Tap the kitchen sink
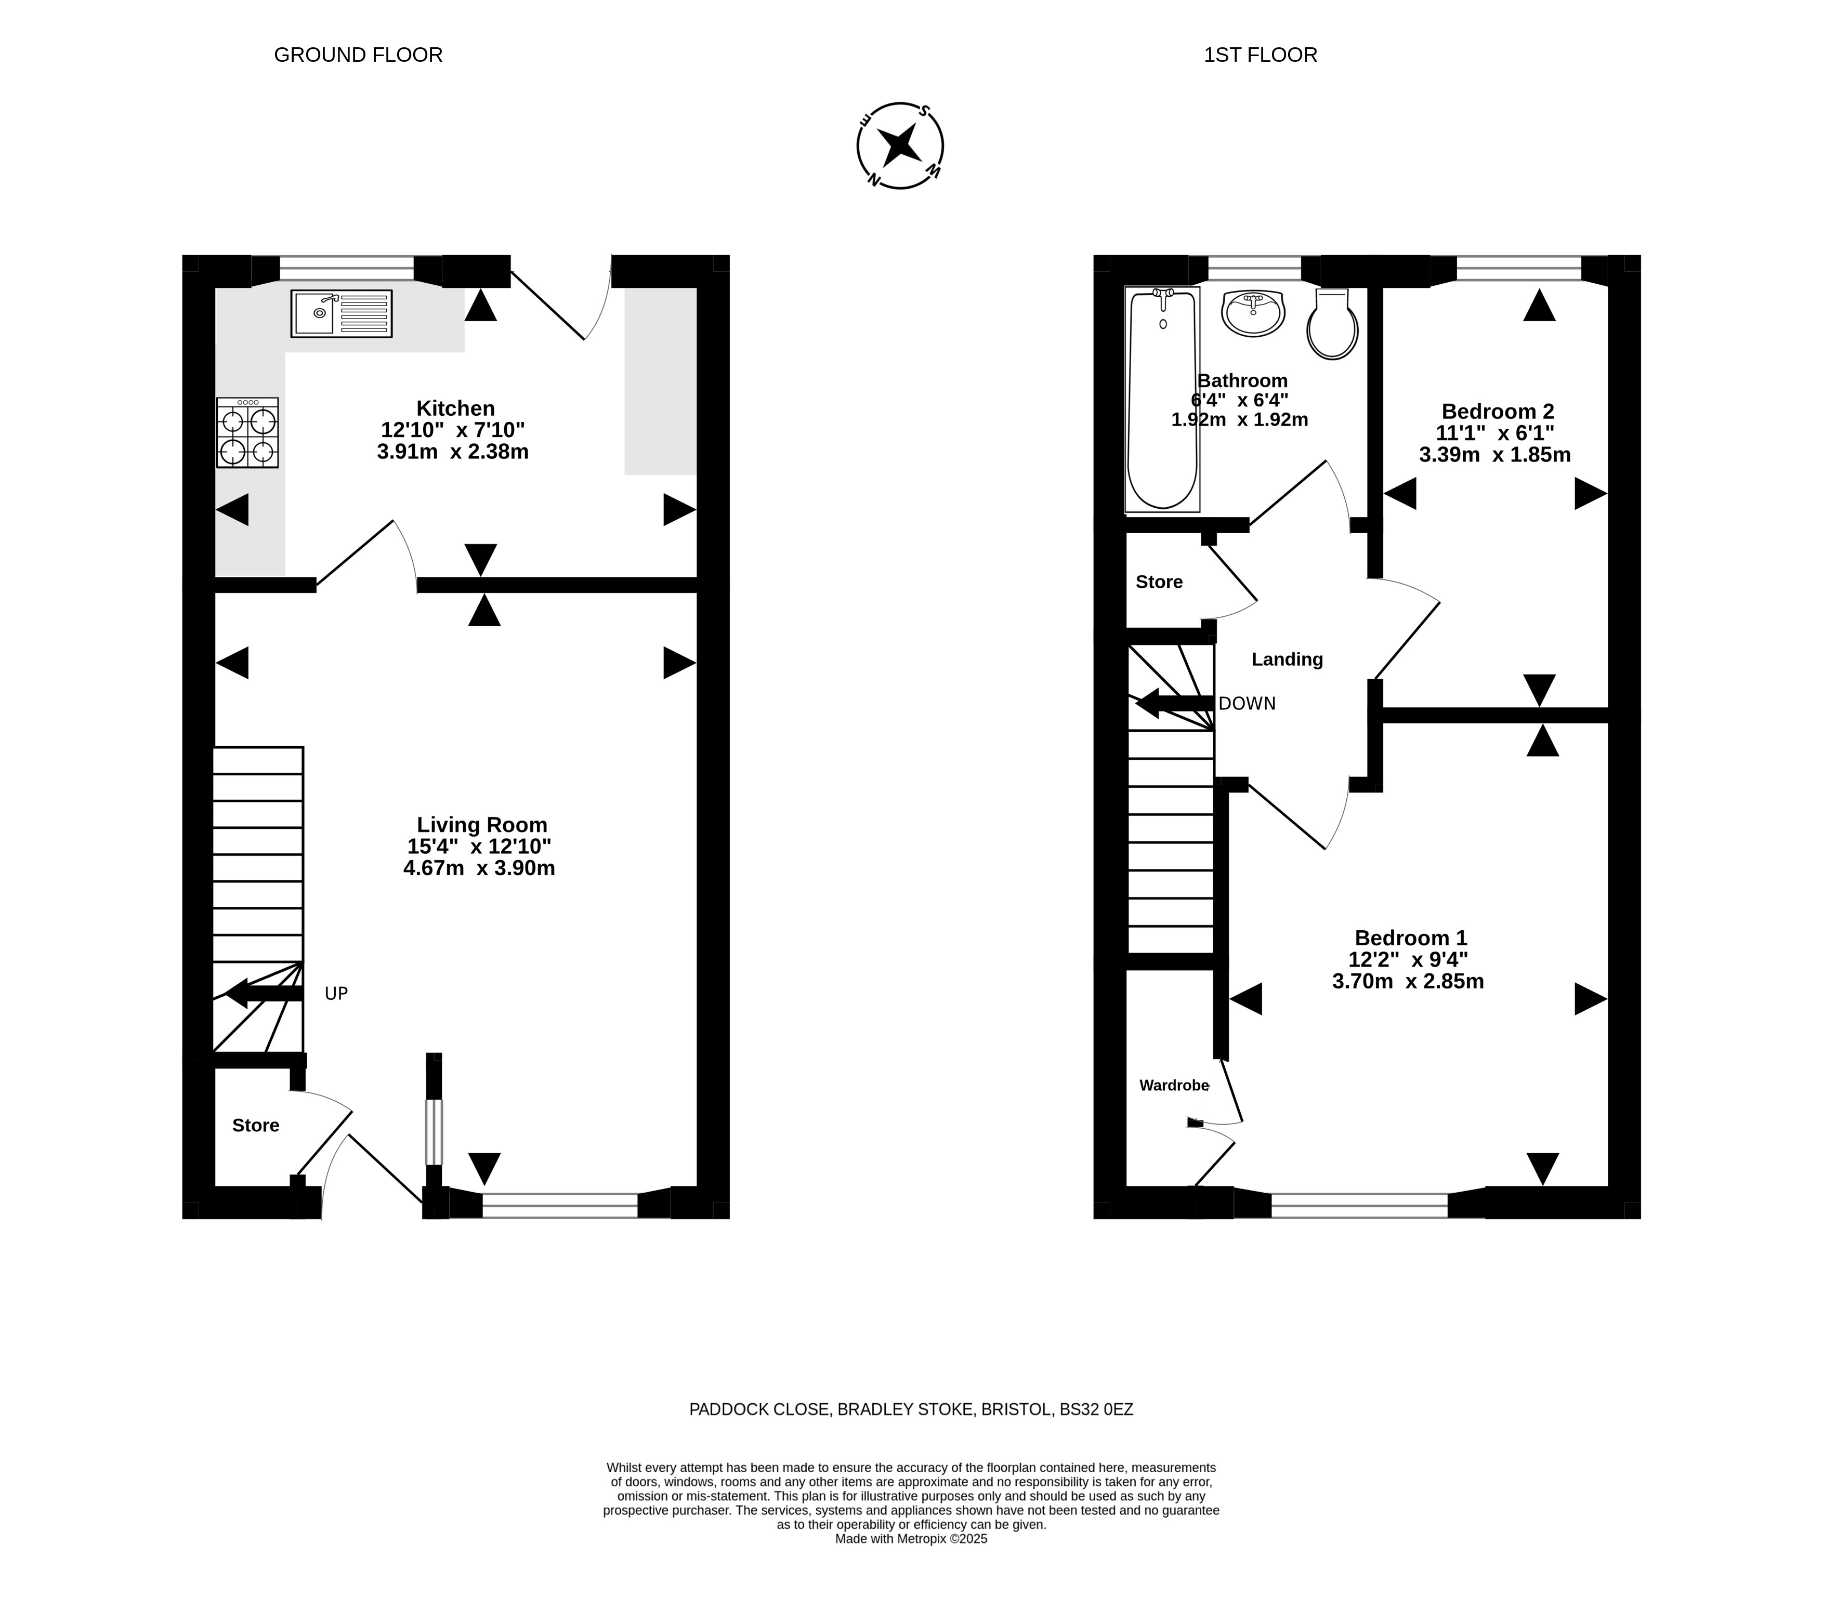point(341,313)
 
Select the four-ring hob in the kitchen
point(247,433)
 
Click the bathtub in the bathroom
point(1162,400)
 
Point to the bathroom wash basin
point(1253,313)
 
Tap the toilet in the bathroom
point(1332,323)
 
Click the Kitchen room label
point(455,408)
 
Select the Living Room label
point(482,825)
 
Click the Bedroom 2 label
point(1497,412)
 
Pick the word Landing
point(1287,659)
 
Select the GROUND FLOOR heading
point(358,55)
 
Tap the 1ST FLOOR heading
point(1260,55)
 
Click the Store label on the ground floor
point(256,1125)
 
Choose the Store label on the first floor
point(1159,582)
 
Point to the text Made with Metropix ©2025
point(911,1539)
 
